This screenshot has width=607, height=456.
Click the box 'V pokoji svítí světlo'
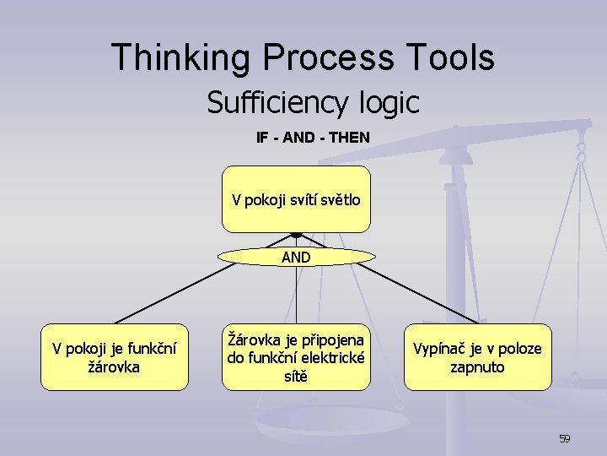tap(296, 199)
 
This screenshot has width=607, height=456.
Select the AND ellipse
tap(296, 257)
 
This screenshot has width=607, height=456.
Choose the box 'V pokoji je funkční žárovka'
tap(115, 357)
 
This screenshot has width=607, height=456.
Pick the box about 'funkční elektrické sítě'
tap(296, 357)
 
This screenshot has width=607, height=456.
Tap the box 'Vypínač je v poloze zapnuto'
tap(477, 357)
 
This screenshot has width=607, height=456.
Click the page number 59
tap(564, 438)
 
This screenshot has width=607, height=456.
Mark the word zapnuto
tap(477, 367)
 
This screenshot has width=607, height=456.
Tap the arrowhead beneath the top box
tap(296, 235)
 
